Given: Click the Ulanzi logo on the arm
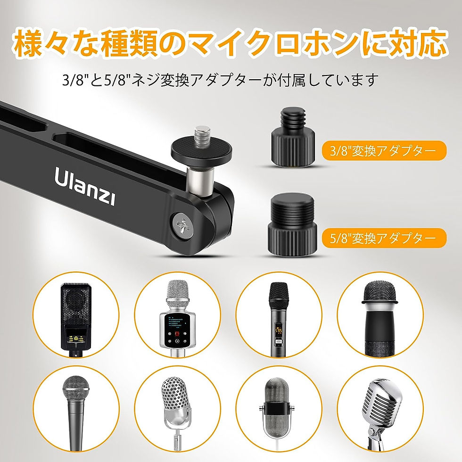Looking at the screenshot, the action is tap(84, 185).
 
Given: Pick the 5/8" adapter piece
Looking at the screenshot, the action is tap(292, 225).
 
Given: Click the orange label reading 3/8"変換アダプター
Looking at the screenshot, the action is tap(384, 150).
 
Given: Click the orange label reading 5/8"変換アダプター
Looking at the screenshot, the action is tap(384, 238).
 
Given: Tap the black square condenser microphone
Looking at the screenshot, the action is tap(76, 320).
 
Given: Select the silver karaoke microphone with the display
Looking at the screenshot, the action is tap(178, 318).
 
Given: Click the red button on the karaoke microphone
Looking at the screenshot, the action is tap(177, 334).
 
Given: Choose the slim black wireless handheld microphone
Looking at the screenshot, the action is tap(278, 320).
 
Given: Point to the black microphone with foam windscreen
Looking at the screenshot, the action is tap(380, 320).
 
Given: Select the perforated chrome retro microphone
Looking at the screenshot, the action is tap(177, 412).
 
